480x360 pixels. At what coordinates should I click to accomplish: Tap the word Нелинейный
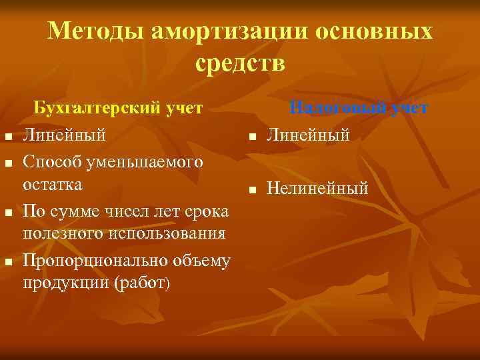click(x=317, y=189)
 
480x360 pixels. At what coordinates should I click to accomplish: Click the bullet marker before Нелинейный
click(x=253, y=191)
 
